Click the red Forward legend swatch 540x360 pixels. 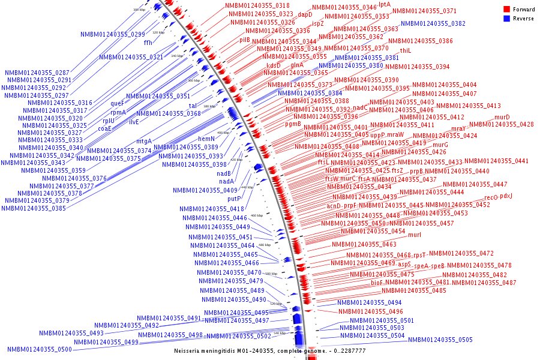coord(506,10)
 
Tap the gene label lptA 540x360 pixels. coord(385,4)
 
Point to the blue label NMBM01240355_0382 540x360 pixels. coord(433,24)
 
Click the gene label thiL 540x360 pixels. coord(406,51)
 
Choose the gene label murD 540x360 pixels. coord(502,117)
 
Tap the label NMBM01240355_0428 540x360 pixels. coord(502,125)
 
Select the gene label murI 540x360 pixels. coord(415,235)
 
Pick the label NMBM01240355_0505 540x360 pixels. coord(440,340)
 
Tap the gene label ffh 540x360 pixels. coord(148,43)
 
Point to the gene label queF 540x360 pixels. coord(118,103)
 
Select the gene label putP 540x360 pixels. coord(234,199)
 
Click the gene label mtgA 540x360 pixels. coord(144,142)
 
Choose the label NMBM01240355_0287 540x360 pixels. coord(37,73)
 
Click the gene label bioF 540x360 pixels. coord(377,282)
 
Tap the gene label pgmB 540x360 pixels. coord(293,124)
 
